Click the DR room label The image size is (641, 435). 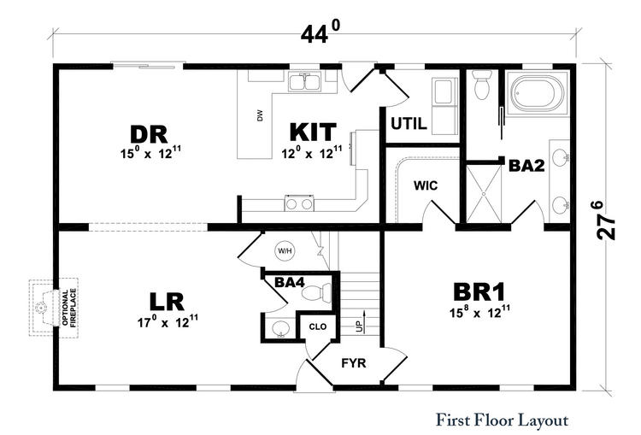pos(149,134)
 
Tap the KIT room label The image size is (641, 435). pos(313,132)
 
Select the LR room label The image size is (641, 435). pos(167,302)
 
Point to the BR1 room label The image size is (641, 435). pos(479,292)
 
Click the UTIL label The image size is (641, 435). pos(409,123)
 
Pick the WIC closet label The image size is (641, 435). pos(426,185)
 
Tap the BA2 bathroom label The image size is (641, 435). pos(526,166)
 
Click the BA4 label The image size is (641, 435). pos(290,282)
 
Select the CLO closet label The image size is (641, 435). pos(318,326)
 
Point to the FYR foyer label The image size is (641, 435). pos(354,363)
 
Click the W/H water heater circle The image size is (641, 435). pos(285,250)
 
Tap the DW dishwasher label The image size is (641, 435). pos(260,115)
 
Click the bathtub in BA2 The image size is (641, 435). pos(538,94)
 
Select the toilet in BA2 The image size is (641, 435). pos(482,85)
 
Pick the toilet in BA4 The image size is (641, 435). pos(318,292)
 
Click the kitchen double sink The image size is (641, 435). pos(305,82)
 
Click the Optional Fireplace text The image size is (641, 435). pos(69,308)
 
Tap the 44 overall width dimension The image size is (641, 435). pos(320,32)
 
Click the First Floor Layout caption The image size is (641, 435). pos(503,420)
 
